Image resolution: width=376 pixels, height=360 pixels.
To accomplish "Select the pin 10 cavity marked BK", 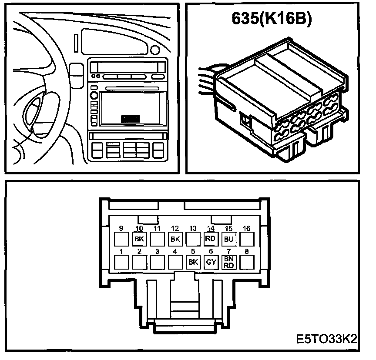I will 139,239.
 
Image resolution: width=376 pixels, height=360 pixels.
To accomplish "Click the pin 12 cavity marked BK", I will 175,239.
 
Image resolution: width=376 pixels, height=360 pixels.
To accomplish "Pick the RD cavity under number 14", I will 211,239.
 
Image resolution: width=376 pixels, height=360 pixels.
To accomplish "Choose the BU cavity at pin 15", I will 228,239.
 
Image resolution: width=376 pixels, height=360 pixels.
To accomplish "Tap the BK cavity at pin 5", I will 193,262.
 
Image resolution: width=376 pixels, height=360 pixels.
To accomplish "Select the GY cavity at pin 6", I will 211,262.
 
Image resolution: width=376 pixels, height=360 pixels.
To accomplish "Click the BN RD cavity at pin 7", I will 228,262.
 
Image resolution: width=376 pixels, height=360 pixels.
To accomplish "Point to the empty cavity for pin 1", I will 121,262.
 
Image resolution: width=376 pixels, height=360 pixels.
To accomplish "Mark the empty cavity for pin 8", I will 247,262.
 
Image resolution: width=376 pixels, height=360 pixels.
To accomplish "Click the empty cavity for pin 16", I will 247,239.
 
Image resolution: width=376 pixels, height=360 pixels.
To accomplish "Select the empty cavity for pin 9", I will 121,239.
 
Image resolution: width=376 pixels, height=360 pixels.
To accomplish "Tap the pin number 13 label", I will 193,228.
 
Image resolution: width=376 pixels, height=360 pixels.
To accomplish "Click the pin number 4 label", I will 175,251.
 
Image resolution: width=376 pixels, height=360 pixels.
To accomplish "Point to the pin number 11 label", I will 157,228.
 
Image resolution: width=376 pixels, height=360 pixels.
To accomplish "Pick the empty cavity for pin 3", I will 157,262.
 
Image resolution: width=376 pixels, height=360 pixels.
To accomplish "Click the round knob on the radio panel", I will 94,96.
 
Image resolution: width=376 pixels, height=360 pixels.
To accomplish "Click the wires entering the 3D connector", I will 207,80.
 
